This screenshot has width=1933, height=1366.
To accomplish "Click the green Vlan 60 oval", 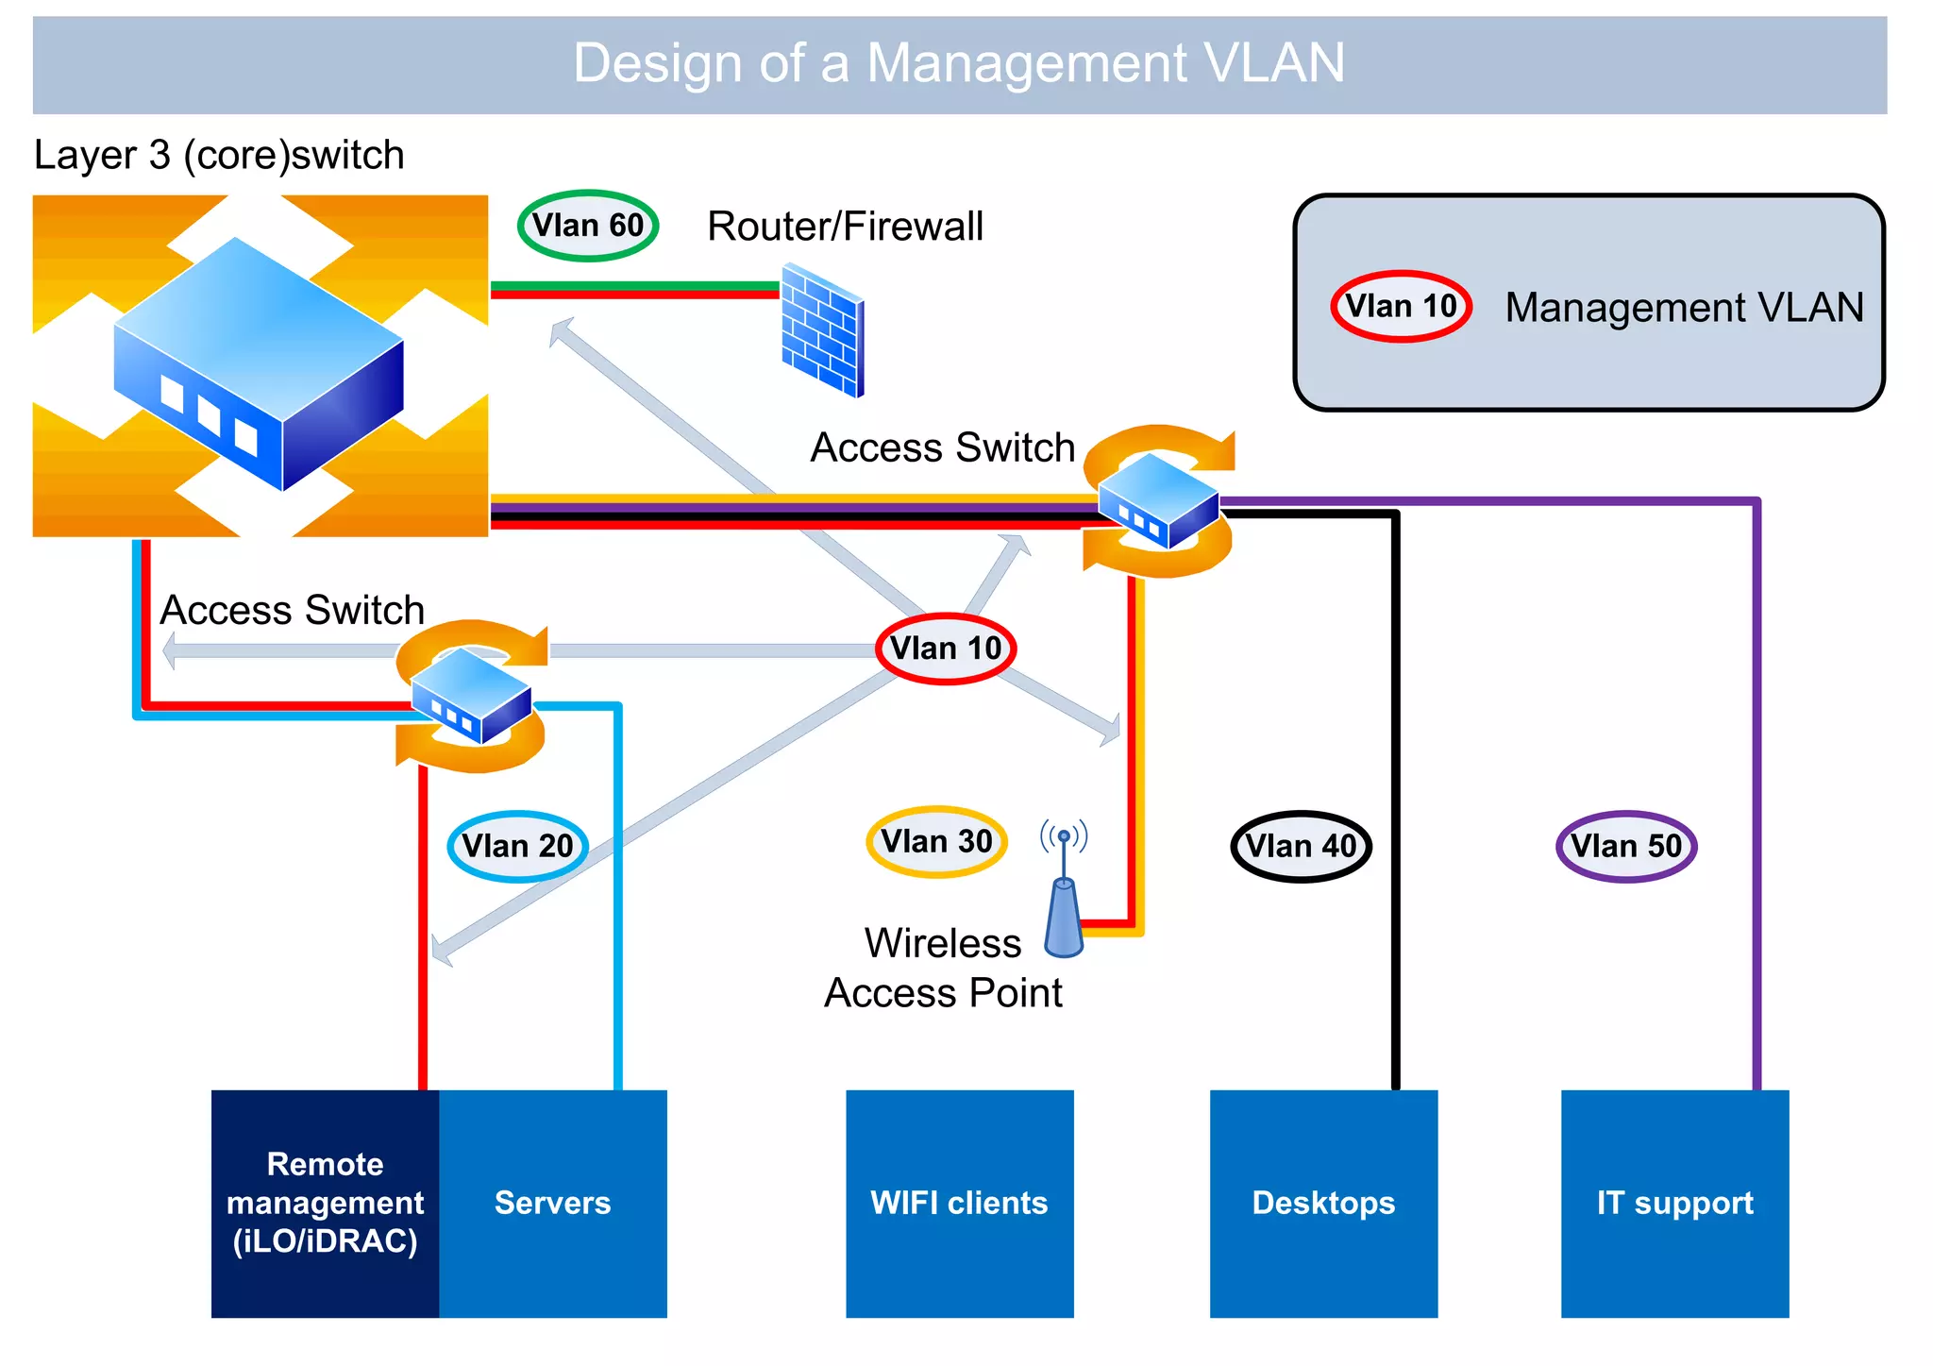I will click(587, 226).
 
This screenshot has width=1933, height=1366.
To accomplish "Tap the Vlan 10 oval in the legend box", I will click(1401, 307).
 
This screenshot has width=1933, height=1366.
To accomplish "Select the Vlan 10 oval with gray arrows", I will click(946, 649).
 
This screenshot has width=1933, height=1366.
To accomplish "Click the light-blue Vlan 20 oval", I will click(517, 846).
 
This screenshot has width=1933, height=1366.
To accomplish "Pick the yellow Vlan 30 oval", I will click(936, 841).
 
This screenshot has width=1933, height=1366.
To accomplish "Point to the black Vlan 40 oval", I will click(1301, 846).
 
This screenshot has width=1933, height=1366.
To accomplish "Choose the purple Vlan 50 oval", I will click(1626, 846).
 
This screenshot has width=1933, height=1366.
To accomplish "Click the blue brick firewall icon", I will click(822, 330).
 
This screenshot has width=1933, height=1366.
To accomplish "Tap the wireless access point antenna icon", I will click(1064, 892).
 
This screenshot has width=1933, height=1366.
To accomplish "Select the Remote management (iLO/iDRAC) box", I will click(325, 1204).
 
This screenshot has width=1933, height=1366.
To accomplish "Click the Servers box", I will click(553, 1204).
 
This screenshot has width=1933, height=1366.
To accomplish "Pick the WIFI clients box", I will click(959, 1204).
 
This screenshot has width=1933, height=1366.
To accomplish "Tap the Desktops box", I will click(1323, 1204).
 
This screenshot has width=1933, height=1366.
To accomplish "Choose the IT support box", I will click(1674, 1204).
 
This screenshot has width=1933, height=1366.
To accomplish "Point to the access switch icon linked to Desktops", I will click(1159, 500).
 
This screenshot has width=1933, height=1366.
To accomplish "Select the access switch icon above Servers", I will click(471, 696).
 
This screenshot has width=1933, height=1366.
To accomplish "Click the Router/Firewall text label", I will click(845, 227).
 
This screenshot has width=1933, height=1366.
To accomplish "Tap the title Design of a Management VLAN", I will click(959, 63).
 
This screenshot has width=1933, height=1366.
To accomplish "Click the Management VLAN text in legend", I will click(1684, 308).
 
